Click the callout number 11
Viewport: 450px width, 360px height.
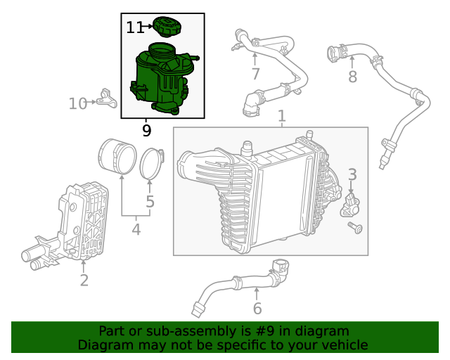(135, 27)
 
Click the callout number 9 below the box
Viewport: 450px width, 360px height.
(146, 130)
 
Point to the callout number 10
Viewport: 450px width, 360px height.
(78, 104)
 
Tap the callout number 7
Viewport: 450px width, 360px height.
(255, 74)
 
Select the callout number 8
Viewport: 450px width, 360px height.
(352, 77)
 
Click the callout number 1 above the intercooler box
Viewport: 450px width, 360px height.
(281, 115)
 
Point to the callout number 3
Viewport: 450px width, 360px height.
(352, 174)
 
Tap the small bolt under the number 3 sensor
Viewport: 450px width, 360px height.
(355, 227)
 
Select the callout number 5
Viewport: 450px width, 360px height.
(150, 203)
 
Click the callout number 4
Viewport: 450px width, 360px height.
(136, 229)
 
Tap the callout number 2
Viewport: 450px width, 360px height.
(84, 281)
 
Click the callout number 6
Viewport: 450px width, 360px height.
(257, 308)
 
